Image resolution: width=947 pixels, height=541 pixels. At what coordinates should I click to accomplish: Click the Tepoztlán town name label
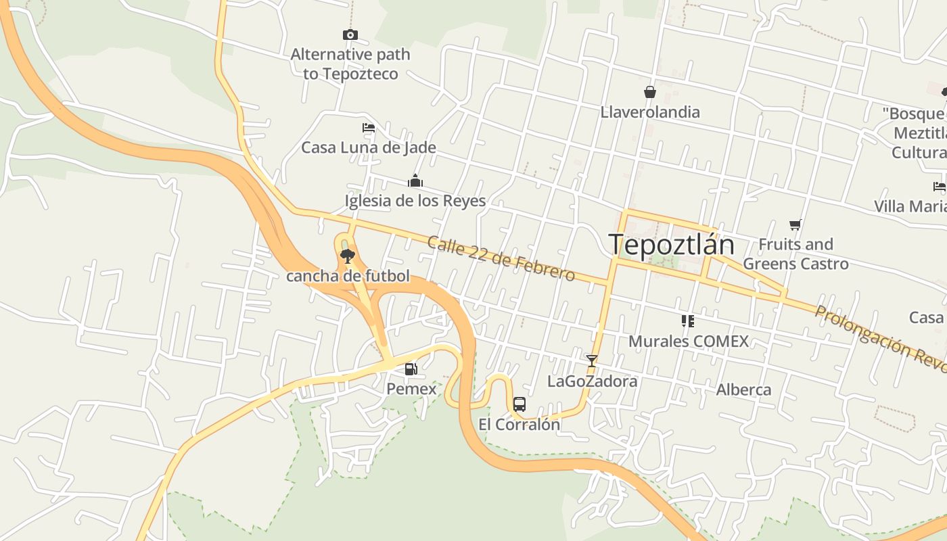(671, 244)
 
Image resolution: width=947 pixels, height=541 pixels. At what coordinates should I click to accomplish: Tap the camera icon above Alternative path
(350, 34)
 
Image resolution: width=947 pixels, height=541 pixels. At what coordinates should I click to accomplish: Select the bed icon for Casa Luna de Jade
(369, 127)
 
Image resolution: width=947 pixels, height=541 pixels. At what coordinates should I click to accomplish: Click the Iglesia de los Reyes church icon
(415, 181)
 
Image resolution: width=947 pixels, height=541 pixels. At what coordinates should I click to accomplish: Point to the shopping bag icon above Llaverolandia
(650, 92)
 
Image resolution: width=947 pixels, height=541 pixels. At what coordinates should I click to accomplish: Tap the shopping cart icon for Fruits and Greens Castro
(795, 225)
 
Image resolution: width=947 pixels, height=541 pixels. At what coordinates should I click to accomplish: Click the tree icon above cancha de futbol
(348, 256)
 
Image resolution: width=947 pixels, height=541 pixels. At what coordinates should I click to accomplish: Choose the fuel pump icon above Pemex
(411, 369)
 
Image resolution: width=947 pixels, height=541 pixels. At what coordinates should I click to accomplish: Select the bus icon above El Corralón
(519, 404)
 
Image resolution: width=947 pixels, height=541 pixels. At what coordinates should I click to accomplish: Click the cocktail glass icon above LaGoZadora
(592, 361)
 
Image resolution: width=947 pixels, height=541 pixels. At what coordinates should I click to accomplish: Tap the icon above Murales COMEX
(688, 321)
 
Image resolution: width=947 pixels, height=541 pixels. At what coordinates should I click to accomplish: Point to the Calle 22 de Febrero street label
(501, 258)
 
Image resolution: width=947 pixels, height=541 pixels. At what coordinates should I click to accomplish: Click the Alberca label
(743, 390)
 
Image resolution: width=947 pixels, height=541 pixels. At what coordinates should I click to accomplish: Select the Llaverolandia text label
(650, 112)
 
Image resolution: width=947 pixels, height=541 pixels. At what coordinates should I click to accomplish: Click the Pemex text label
(411, 389)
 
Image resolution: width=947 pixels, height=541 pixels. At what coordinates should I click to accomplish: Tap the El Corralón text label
(519, 425)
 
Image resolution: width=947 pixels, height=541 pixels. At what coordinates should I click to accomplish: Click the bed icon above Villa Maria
(940, 187)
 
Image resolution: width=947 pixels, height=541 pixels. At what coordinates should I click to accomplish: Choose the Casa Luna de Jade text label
(369, 147)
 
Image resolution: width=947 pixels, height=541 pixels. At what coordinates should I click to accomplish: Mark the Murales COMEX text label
(689, 342)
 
